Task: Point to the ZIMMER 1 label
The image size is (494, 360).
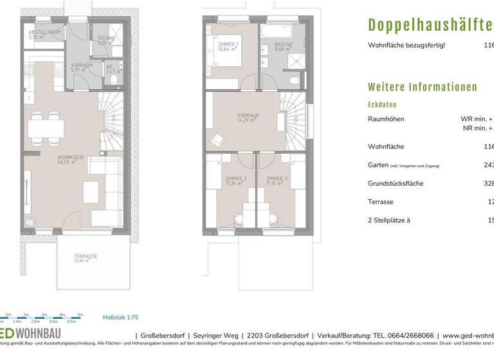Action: pyautogui.click(x=228, y=46)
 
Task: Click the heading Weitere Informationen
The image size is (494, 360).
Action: pyautogui.click(x=422, y=87)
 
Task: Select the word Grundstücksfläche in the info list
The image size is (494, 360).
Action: pyautogui.click(x=395, y=183)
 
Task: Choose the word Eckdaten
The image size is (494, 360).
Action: pyautogui.click(x=382, y=104)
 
